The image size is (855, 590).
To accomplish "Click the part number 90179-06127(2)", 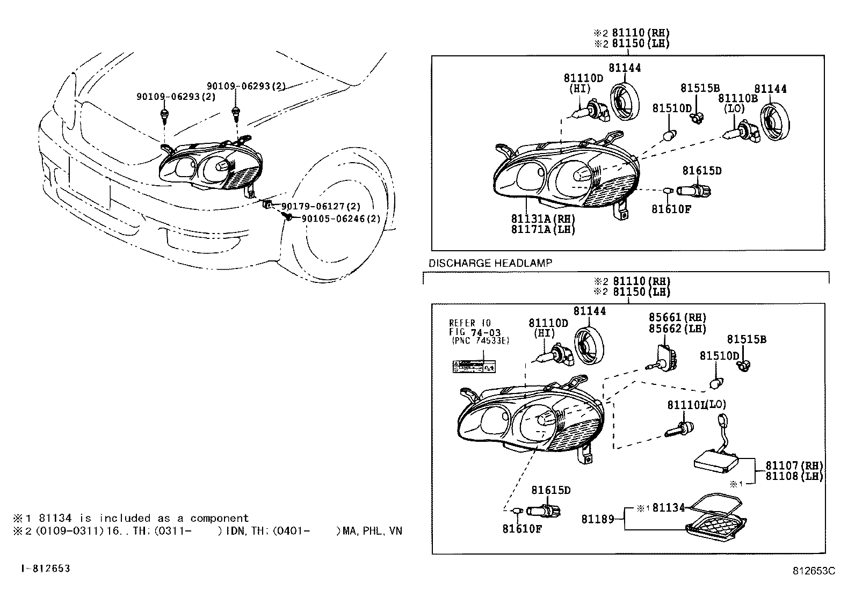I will pos(321,206).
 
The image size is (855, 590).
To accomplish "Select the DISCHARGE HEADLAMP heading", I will pos(490,263).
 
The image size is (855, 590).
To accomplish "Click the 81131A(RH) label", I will pos(543,219).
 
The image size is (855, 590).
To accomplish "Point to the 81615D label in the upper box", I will pos(701,171).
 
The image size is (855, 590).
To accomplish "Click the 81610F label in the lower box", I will pos(522,529).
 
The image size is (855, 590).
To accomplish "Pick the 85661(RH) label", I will pos(677,318).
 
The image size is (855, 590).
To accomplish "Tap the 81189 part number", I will pos(597,519).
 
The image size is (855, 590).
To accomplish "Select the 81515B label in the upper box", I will pos(700,88).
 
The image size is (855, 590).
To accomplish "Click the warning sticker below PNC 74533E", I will pos(473,367).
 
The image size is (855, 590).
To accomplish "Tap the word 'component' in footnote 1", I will pos(219,518).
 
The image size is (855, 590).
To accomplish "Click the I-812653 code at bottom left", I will pos(46,568).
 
